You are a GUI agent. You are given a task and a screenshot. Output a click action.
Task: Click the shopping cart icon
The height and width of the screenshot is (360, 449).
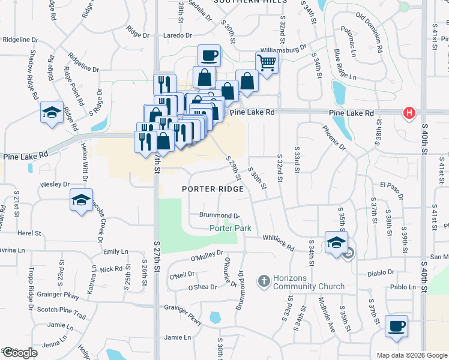pyautogui.click(x=266, y=62)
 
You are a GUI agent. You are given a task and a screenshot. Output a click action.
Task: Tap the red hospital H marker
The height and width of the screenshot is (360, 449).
pyautogui.click(x=410, y=113)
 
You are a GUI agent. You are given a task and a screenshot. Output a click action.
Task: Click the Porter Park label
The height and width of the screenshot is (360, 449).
pyautogui.click(x=230, y=228)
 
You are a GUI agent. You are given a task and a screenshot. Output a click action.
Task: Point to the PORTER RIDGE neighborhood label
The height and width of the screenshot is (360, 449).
pyautogui.click(x=213, y=189)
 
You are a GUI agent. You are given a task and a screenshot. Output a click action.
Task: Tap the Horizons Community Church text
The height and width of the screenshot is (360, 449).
pyautogui.click(x=300, y=282)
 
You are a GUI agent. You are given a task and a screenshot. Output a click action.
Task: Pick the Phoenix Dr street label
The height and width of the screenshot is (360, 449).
pyautogui.click(x=334, y=137)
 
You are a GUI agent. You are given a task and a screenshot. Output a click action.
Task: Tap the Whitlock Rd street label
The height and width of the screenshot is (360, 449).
pyautogui.click(x=277, y=242)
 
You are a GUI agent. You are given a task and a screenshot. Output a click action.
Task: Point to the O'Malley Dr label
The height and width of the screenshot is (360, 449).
pyautogui.click(x=206, y=256)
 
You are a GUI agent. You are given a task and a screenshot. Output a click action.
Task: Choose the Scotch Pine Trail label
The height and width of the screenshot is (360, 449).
pyautogui.click(x=62, y=316)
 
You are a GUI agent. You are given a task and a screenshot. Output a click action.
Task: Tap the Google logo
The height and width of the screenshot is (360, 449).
pyautogui.click(x=20, y=353)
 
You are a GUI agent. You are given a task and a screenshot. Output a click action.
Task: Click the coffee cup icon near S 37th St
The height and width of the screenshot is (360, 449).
pyautogui.click(x=396, y=326)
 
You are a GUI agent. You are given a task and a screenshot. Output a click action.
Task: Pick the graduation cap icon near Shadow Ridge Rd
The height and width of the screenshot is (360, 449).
pyautogui.click(x=52, y=112)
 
